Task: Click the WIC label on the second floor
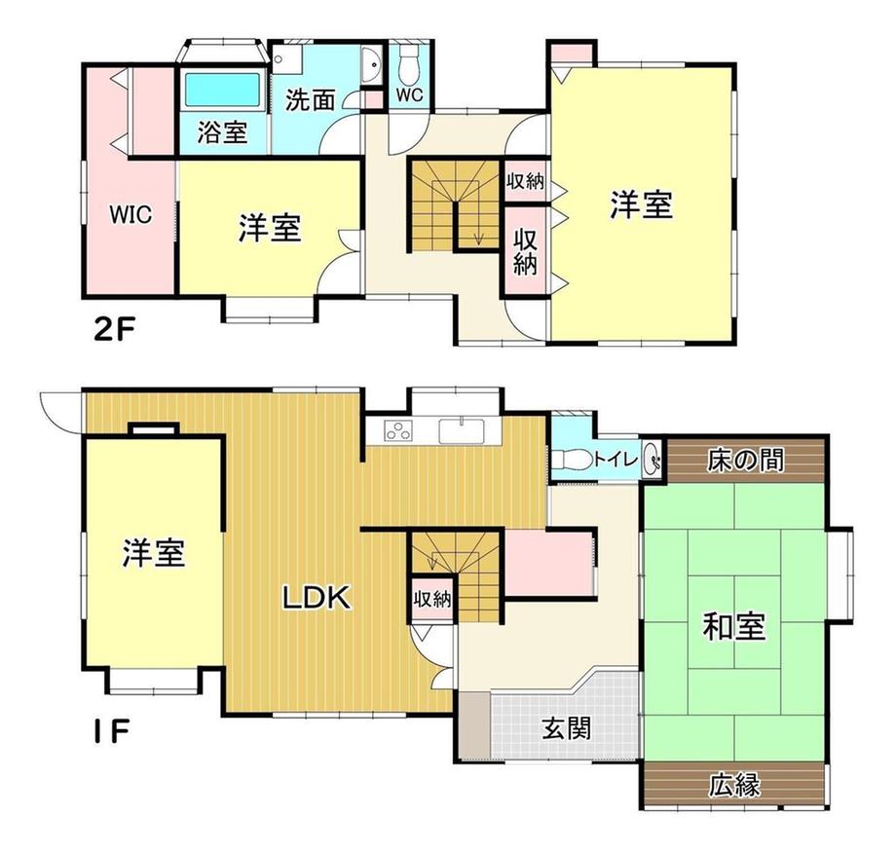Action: click(x=131, y=215)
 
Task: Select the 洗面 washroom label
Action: click(x=311, y=100)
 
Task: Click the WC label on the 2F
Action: click(x=410, y=94)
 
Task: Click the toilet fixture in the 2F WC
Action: click(x=409, y=64)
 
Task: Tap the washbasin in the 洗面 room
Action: click(x=369, y=64)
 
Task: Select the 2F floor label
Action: click(x=114, y=329)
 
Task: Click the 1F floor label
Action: click(x=112, y=732)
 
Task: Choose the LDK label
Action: click(x=317, y=598)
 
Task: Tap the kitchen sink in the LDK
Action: click(x=462, y=430)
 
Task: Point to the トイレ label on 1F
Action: click(x=616, y=458)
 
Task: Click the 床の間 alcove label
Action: click(x=745, y=460)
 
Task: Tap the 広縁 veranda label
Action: click(x=735, y=786)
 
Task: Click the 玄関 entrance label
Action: click(x=566, y=727)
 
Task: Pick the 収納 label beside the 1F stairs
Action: click(x=432, y=599)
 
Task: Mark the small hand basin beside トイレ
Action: click(x=652, y=459)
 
